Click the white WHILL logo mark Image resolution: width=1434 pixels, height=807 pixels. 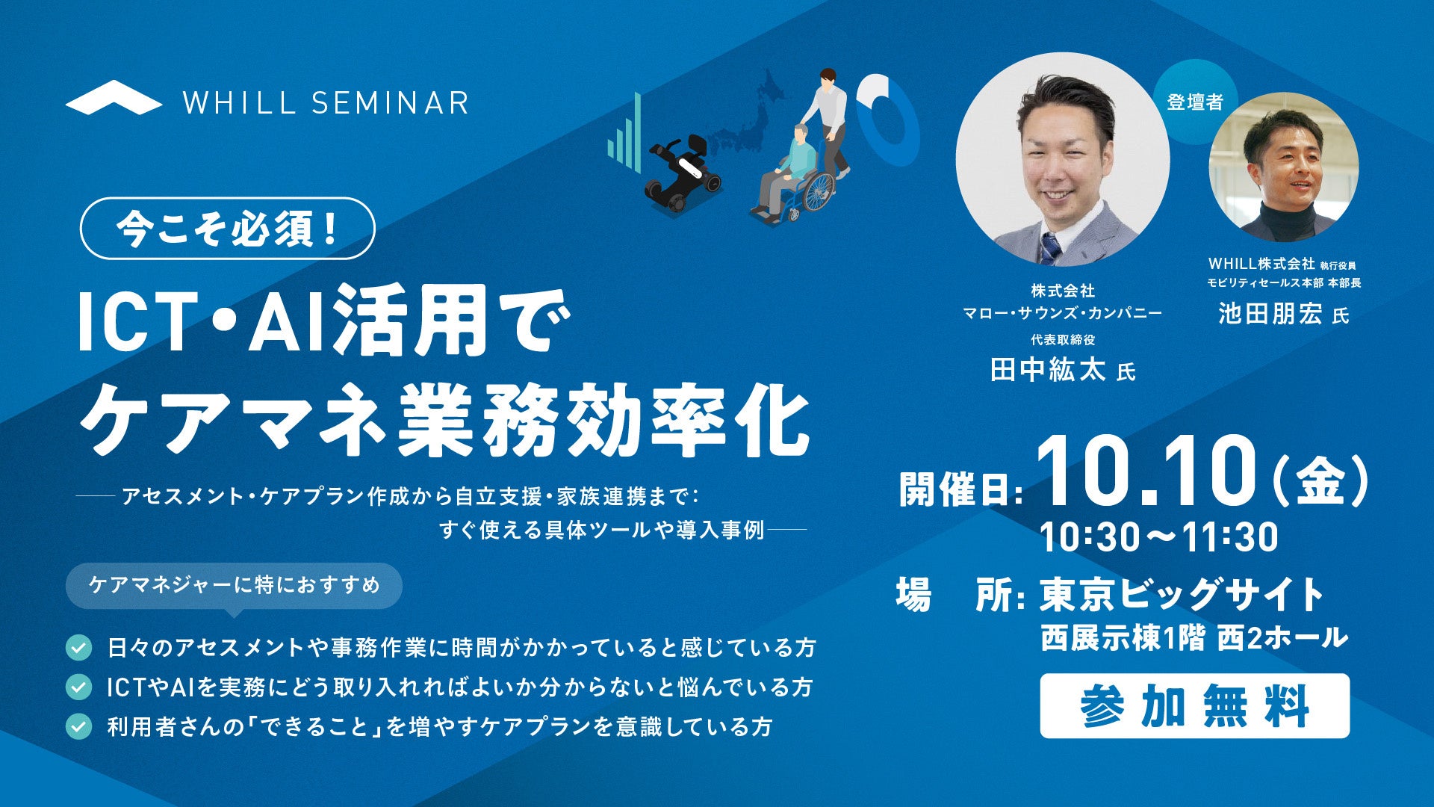(114, 98)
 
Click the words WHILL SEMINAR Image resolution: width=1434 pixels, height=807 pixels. (326, 102)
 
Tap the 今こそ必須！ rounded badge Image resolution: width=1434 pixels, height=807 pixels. (227, 229)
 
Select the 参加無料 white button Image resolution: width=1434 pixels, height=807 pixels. (1194, 706)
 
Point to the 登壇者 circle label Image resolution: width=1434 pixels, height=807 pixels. (1195, 102)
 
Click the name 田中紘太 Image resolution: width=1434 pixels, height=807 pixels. (1047, 370)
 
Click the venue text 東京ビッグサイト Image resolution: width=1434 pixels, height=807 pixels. (1182, 596)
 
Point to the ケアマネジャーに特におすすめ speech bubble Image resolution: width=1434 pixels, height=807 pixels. (234, 586)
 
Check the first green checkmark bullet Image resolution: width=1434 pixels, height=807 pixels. (78, 647)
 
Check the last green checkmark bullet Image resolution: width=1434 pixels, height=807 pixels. (78, 726)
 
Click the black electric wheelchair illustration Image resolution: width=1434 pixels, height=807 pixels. (682, 174)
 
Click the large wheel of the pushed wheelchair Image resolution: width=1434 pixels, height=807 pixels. (817, 191)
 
